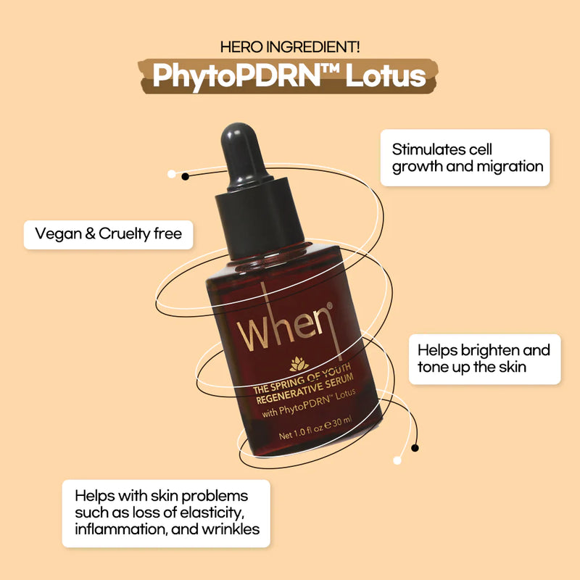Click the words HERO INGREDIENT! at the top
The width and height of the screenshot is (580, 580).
pos(290,47)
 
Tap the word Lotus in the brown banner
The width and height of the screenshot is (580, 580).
pos(386,76)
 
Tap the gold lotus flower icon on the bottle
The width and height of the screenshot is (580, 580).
pos(299,364)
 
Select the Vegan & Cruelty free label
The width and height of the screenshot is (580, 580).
pos(108,234)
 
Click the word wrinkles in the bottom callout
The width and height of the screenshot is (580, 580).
pos(231,529)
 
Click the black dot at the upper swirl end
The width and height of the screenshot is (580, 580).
pos(186,176)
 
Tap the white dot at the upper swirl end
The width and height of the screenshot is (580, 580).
pos(172,174)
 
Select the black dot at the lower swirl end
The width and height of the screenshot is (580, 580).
pos(415,448)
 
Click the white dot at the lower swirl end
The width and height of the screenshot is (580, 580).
pos(397,460)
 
